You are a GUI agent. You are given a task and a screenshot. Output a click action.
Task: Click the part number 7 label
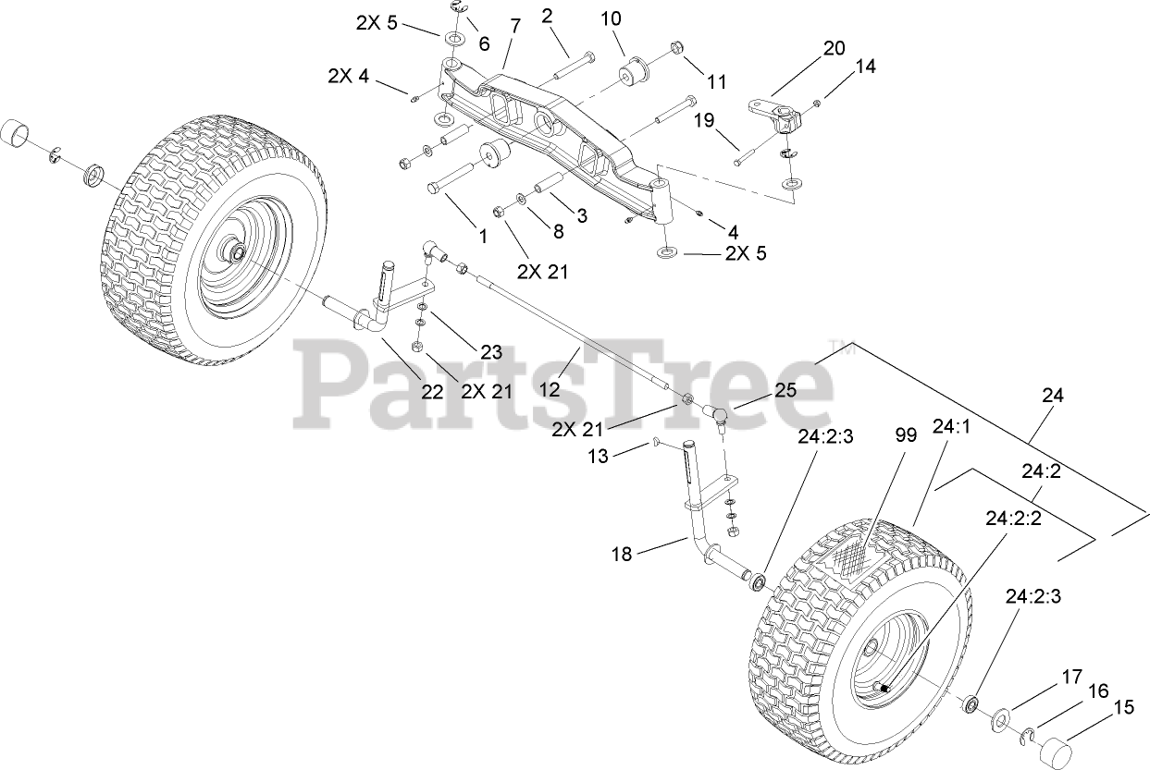pyautogui.click(x=513, y=27)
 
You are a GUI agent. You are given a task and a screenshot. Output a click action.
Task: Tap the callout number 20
pyautogui.click(x=834, y=48)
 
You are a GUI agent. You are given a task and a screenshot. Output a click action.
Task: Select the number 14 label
pyautogui.click(x=864, y=67)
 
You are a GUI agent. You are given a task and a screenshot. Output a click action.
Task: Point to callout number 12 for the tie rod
pyautogui.click(x=550, y=389)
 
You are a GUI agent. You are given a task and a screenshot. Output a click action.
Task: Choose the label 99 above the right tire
pyautogui.click(x=906, y=435)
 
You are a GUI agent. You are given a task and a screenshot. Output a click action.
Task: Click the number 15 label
pyautogui.click(x=1122, y=708)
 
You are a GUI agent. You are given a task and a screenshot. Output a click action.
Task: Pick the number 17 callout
pyautogui.click(x=1071, y=677)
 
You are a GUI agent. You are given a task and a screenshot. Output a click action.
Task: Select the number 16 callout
pyautogui.click(x=1097, y=691)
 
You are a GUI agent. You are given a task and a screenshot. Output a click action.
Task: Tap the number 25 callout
pyautogui.click(x=785, y=389)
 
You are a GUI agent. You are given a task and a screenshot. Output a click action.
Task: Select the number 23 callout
pyautogui.click(x=489, y=351)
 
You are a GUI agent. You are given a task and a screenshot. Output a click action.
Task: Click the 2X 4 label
pyautogui.click(x=348, y=77)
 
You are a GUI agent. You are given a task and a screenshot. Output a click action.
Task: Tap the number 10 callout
pyautogui.click(x=612, y=18)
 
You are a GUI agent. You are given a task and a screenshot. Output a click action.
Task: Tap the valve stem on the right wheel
pyautogui.click(x=884, y=687)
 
